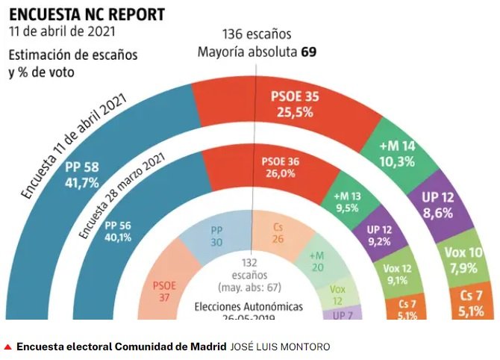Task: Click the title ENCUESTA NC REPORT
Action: [x=87, y=14]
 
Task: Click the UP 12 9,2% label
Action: [x=378, y=235]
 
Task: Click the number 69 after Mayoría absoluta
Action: [x=308, y=53]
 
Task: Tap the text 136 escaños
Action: [x=257, y=35]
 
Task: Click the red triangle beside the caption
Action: [x=7, y=347]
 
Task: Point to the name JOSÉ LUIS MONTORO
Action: [x=280, y=347]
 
